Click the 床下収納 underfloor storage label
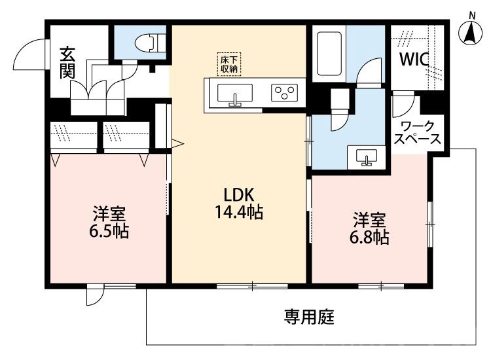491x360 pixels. tap(228, 63)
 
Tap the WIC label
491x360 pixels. tap(414, 60)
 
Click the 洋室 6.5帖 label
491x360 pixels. tap(109, 222)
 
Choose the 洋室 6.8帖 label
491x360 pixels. tap(371, 228)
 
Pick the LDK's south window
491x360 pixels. tap(242, 285)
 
